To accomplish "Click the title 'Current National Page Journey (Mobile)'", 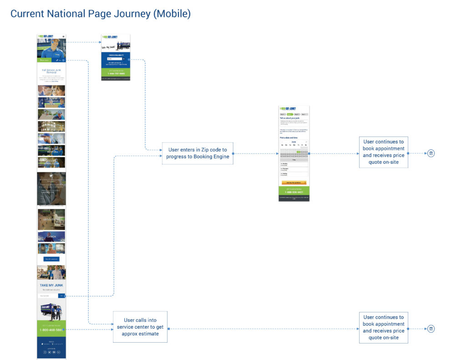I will tap(100, 14).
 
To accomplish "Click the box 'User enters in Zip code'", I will tap(198, 153).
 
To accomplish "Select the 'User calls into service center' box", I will tap(140, 327).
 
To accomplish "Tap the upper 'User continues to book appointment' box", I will tap(383, 152).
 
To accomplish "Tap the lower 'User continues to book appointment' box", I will tap(383, 328).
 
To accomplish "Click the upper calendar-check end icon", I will tap(431, 153).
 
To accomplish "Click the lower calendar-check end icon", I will tap(431, 329).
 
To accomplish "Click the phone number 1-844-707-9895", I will tap(116, 74).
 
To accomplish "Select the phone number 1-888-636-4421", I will tap(294, 192).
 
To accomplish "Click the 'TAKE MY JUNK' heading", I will tap(51, 285).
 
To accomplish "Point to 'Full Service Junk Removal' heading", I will tap(51, 71).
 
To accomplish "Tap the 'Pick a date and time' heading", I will tap(289, 137).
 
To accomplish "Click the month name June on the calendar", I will tap(294, 142).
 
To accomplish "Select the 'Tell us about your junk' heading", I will tap(290, 118).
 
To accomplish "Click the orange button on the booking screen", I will tap(294, 183).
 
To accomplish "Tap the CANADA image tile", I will tap(51, 237).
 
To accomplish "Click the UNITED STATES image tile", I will tap(51, 219).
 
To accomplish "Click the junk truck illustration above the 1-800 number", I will tap(51, 311).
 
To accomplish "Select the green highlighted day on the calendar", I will tap(299, 152).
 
